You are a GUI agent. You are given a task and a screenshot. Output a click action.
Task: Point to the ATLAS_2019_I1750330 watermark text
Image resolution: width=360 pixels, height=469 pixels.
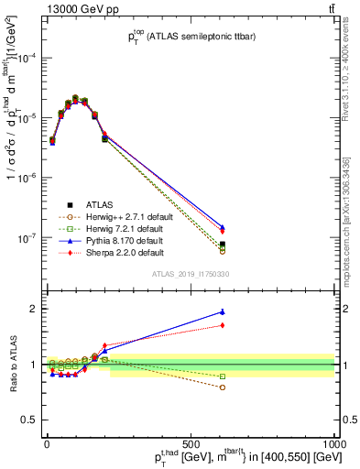click(x=191, y=274)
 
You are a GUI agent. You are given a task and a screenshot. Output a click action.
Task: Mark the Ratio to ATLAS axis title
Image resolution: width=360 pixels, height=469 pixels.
click(x=10, y=364)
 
